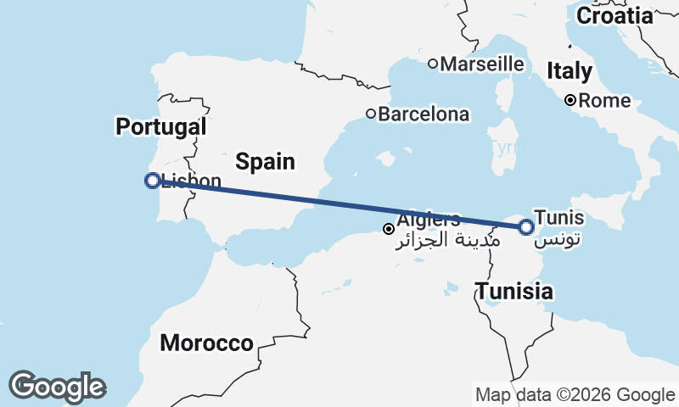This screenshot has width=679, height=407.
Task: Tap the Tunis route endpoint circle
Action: pos(526,226)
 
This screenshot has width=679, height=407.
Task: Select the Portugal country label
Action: pos(161,127)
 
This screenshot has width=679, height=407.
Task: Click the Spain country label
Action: pos(265,161)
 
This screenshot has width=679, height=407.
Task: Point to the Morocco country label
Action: pos(206,343)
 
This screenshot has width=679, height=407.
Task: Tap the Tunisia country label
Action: pos(514,293)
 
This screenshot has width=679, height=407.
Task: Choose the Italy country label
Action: pos(570,70)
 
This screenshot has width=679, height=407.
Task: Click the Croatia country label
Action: pos(614,15)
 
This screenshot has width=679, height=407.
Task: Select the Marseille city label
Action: pos(482,64)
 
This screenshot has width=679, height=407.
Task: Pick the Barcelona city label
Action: pos(424,114)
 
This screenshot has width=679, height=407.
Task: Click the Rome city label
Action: pos(604,101)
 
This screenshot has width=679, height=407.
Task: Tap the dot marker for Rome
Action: pos(571,101)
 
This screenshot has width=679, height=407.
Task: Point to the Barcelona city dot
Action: pos(371,114)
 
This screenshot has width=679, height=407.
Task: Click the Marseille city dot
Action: pos(432,64)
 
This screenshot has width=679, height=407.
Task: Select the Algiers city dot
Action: pos(389,229)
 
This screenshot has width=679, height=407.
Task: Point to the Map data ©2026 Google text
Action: pos(575,394)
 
